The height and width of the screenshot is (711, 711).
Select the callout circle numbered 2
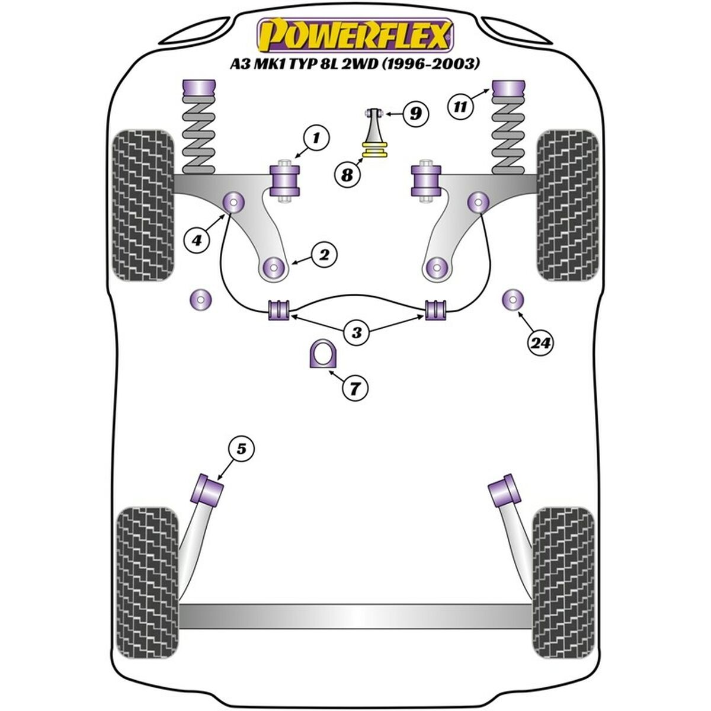pos(325,255)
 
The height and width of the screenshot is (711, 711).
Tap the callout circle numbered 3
pos(356,332)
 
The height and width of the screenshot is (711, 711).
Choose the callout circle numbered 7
pos(354,389)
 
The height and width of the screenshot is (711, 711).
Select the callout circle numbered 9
pos(415,113)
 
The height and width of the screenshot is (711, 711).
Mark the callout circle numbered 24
pos(540,342)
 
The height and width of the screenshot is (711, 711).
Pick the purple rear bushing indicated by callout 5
pos(209,489)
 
